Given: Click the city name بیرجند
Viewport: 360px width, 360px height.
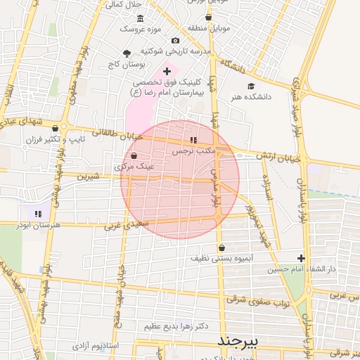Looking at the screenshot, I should [238, 341].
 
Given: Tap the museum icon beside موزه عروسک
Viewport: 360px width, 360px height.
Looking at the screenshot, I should [140, 18].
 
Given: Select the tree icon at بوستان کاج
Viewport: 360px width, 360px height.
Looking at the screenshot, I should [127, 53].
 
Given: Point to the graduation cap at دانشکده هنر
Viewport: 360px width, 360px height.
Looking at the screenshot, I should [250, 86].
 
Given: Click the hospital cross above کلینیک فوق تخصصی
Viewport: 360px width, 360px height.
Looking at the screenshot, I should [167, 71].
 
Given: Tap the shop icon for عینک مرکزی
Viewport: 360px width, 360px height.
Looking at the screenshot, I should [134, 156].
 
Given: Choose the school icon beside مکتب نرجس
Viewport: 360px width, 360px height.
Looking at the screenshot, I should [193, 140].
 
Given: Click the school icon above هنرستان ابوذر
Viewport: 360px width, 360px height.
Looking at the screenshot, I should [38, 213].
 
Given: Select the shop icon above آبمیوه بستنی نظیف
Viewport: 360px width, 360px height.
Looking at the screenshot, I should [222, 247].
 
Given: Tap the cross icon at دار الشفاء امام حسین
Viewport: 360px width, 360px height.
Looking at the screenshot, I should [302, 258].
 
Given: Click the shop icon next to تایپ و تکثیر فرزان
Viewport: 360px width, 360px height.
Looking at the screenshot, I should [55, 128].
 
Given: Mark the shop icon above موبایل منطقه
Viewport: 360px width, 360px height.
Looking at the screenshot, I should [208, 17].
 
